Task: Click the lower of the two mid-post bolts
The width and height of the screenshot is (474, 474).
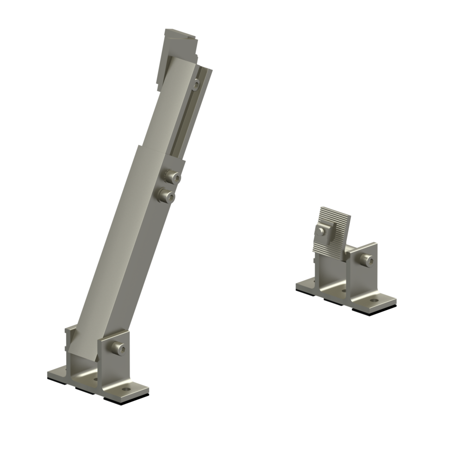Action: [167, 197]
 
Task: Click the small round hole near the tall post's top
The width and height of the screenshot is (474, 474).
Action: [196, 85]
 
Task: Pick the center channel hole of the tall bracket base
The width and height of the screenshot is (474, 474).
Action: [96, 379]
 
